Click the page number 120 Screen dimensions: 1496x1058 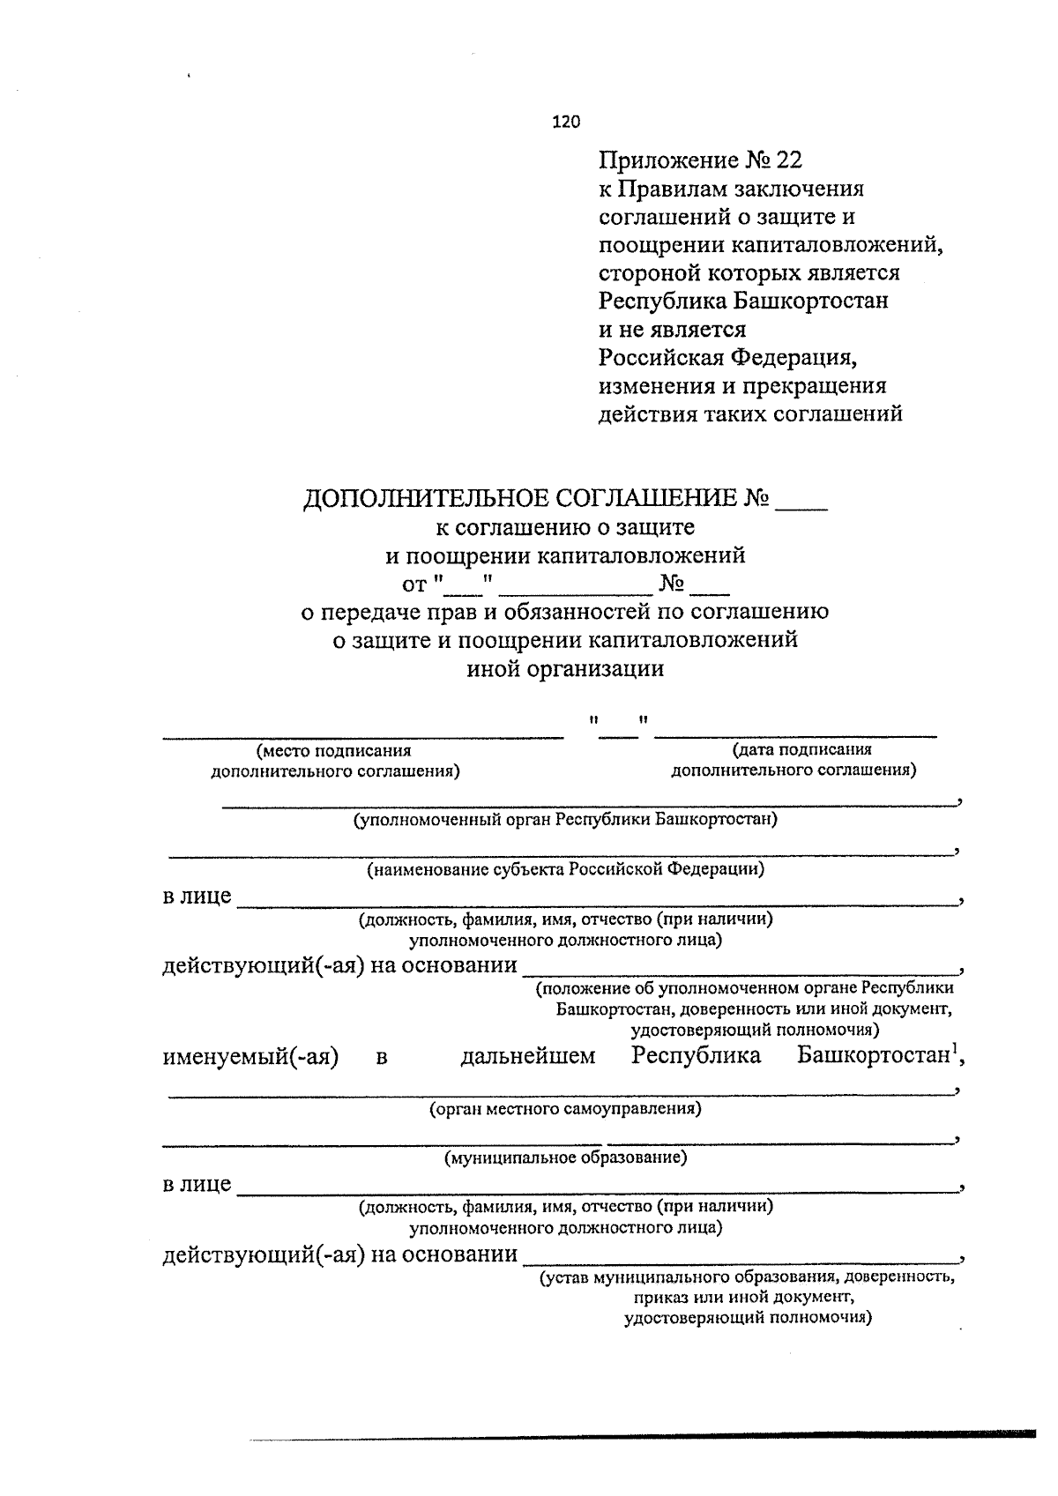click(566, 123)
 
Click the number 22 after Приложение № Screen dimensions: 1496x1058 click(789, 160)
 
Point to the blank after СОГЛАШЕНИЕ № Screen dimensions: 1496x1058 click(801, 502)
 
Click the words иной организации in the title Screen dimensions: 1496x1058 click(564, 669)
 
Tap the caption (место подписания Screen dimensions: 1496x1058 click(334, 750)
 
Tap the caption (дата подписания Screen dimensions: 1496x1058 click(801, 749)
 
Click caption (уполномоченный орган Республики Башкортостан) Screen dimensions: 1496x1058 click(565, 820)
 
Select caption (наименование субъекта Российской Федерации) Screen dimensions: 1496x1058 click(565, 869)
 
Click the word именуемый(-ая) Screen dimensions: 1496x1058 click(251, 1056)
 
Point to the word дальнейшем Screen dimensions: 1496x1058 click(527, 1056)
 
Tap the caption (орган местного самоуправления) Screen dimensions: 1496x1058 click(565, 1108)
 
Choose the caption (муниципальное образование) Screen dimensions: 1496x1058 click(565, 1157)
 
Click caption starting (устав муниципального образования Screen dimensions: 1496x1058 click(747, 1276)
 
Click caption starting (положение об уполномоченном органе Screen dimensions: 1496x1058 click(745, 988)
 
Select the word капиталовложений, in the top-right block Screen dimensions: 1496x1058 click(853, 245)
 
